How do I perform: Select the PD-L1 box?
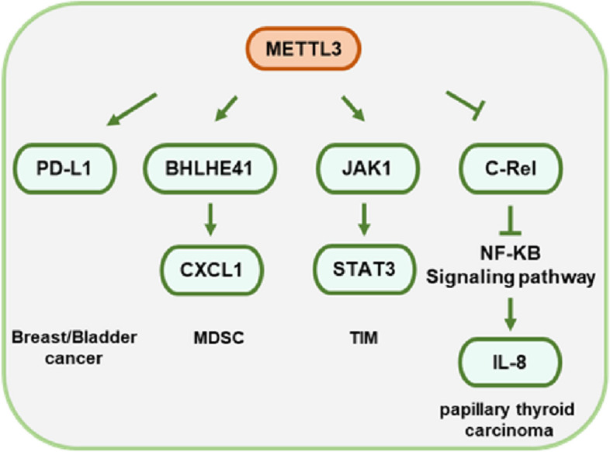click(64, 168)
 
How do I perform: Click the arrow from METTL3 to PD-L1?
click(133, 110)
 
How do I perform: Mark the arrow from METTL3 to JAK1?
click(351, 108)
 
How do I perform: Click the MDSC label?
click(213, 339)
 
